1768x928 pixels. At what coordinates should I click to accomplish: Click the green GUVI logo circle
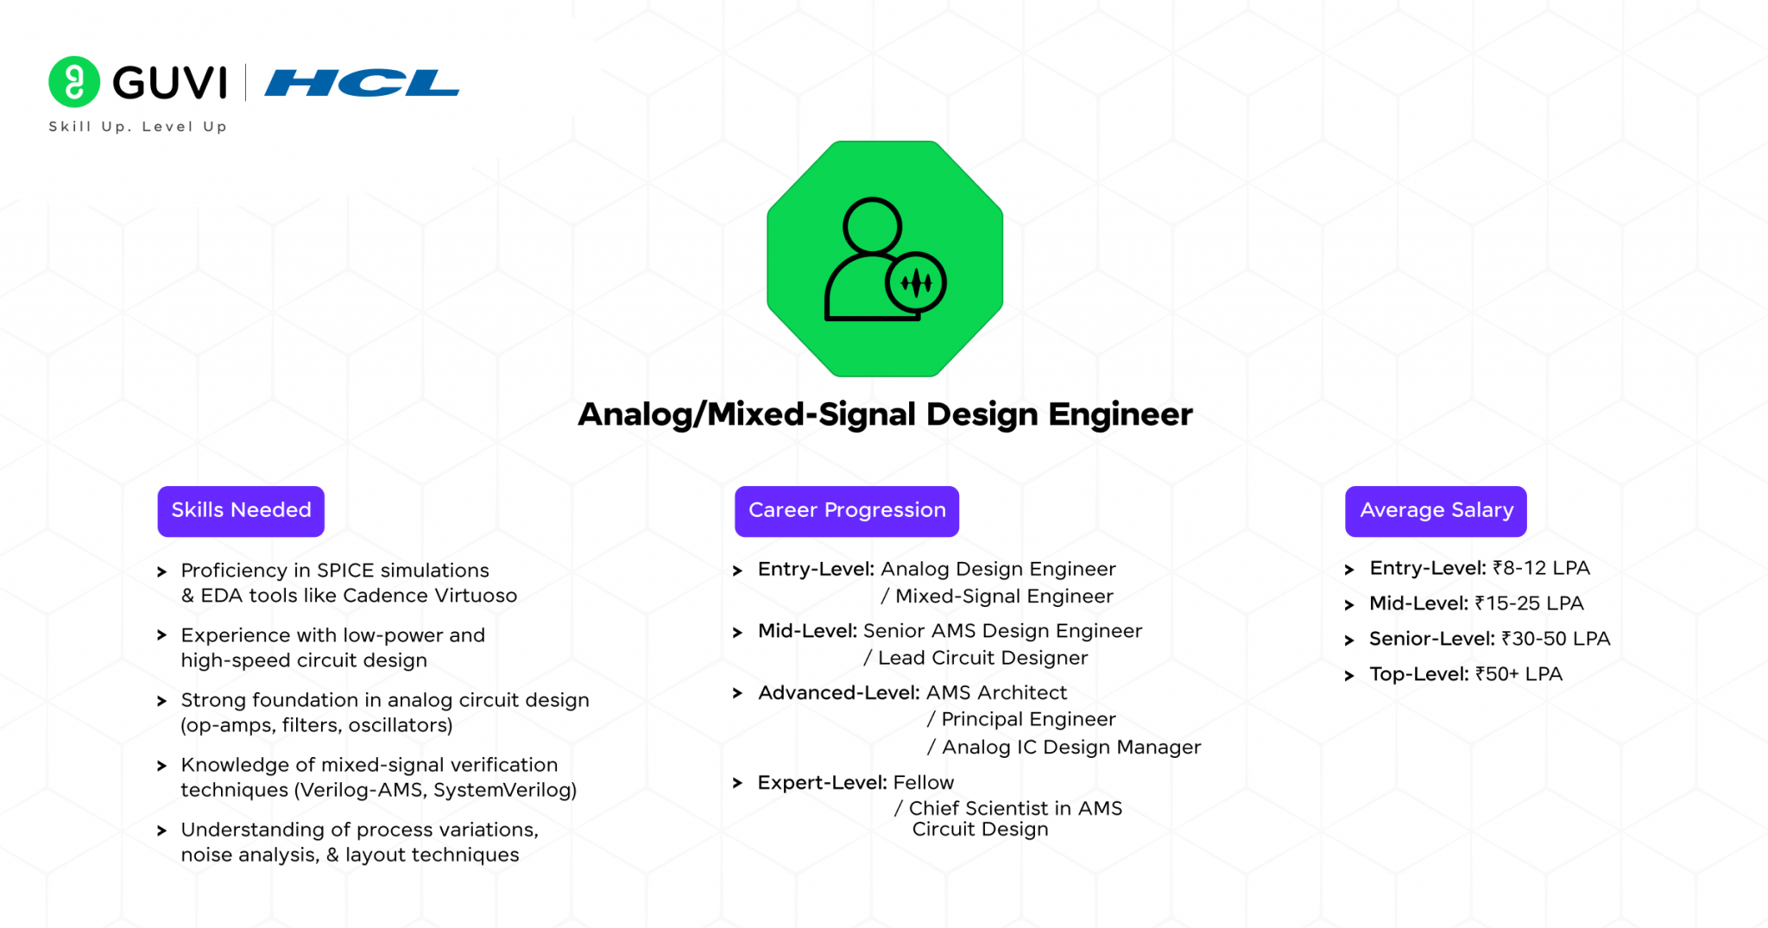point(74,82)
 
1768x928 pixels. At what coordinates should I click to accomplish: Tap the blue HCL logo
point(362,83)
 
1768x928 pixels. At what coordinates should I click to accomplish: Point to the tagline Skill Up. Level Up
point(138,127)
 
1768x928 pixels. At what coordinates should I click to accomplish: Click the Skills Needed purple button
point(241,510)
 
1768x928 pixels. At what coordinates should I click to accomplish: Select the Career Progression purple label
point(847,510)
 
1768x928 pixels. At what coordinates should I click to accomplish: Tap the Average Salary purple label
point(1436,510)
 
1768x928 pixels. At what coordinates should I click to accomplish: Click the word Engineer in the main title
point(1121,414)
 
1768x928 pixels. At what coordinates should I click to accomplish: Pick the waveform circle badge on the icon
point(916,282)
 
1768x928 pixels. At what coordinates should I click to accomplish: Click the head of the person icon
point(872,226)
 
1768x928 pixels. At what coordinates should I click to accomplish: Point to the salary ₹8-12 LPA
point(1541,568)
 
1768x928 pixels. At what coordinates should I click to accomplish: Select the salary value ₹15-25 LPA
point(1529,603)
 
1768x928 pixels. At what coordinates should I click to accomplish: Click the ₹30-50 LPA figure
point(1556,639)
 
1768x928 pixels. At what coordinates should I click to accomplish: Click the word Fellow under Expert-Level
point(924,783)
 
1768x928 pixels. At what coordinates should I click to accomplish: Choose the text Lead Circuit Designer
point(982,658)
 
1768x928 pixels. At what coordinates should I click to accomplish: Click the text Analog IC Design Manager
point(1070,747)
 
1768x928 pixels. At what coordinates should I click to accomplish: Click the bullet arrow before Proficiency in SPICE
point(161,571)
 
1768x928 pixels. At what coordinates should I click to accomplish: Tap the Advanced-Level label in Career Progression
point(838,692)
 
